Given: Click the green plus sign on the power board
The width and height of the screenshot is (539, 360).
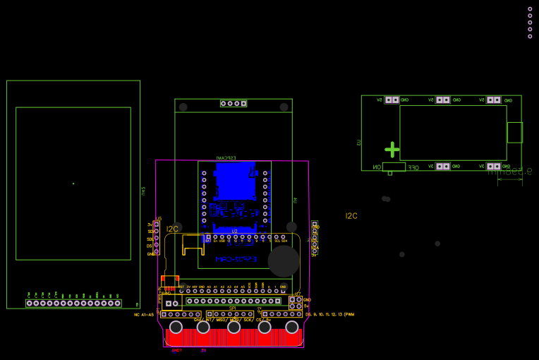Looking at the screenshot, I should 392,150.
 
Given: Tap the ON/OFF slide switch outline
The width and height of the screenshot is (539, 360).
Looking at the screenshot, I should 394,167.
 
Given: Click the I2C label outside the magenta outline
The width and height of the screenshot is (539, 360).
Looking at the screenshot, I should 351,216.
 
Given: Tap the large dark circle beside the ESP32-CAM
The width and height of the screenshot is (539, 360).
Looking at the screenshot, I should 284,261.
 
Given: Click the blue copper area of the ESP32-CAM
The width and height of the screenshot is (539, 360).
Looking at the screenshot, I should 234,181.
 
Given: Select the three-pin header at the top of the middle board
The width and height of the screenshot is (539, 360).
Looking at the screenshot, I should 234,103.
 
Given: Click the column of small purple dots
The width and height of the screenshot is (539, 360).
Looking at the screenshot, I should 530,23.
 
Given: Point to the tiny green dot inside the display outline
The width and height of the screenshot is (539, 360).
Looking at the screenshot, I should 73,184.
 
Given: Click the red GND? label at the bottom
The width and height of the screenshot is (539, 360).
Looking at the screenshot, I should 176,350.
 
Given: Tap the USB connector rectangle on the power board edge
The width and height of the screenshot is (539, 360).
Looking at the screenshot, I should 514,132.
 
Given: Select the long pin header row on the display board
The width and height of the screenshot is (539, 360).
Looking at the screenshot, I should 73,304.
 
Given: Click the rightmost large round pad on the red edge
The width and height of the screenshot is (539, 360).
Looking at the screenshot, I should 292,327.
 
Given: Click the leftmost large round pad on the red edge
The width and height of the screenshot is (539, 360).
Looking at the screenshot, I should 175,327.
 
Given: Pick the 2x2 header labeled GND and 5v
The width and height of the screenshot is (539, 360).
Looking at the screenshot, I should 295,303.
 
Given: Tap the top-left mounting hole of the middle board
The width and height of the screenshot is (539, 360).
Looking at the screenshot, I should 183,107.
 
